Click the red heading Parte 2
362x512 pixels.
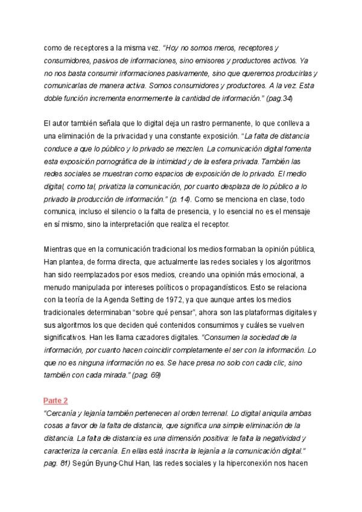[x=55, y=400]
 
